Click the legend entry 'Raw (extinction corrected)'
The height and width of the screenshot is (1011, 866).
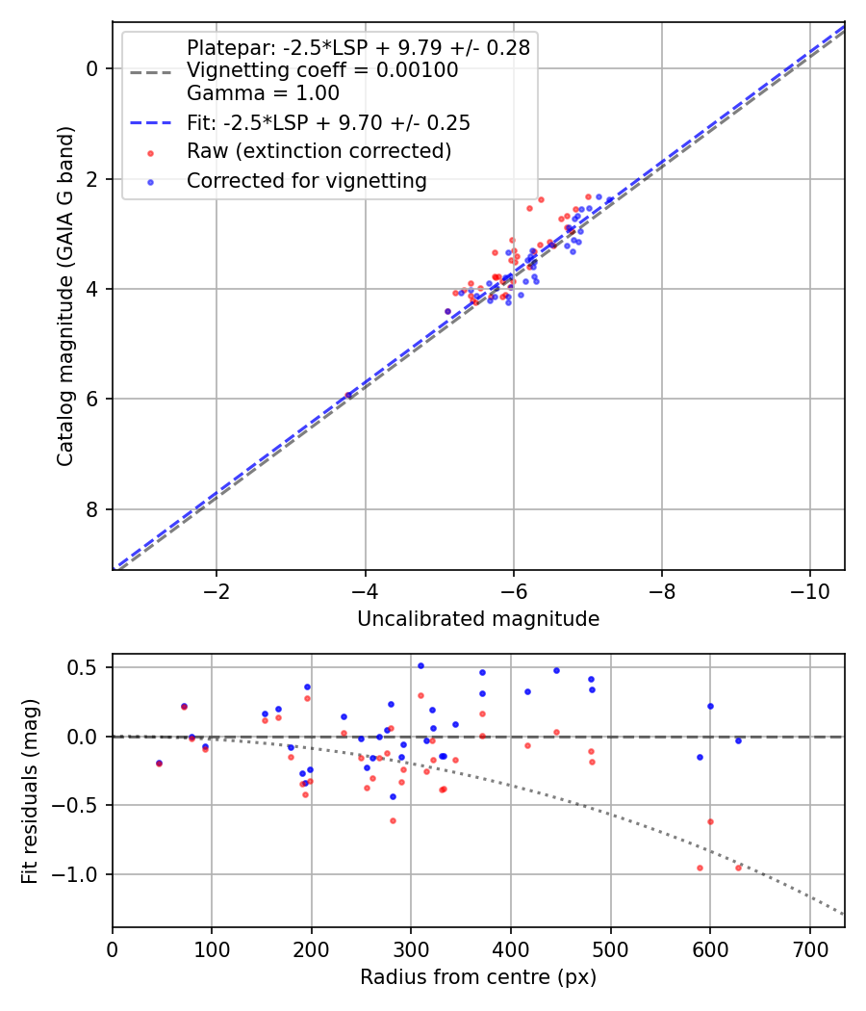tap(318, 151)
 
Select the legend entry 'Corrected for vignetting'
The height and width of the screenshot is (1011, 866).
tap(307, 180)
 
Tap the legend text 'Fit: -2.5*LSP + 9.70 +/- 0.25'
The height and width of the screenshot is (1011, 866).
tap(328, 123)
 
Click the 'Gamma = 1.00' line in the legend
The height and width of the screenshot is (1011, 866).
tap(263, 93)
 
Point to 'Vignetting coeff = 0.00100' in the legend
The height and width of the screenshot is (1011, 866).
tap(322, 70)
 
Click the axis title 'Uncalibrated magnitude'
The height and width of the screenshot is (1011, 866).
tap(478, 619)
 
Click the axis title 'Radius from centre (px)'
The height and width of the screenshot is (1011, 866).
tap(478, 977)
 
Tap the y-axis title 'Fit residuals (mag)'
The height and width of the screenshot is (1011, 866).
tap(30, 791)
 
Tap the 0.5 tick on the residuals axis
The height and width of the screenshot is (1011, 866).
tap(85, 667)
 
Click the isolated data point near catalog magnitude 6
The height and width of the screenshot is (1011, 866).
tap(348, 395)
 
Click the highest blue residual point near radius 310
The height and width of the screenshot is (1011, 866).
tap(420, 665)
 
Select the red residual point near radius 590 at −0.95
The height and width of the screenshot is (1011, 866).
tap(700, 868)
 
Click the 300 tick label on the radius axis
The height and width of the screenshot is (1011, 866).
tap(411, 949)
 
